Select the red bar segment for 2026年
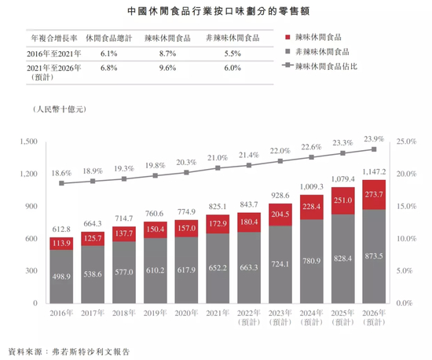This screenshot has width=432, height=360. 374,194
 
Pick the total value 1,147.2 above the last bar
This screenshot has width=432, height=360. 374,171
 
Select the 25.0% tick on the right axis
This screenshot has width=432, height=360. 406,141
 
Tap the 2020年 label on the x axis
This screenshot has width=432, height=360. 187,313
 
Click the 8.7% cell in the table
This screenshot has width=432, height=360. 167,53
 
